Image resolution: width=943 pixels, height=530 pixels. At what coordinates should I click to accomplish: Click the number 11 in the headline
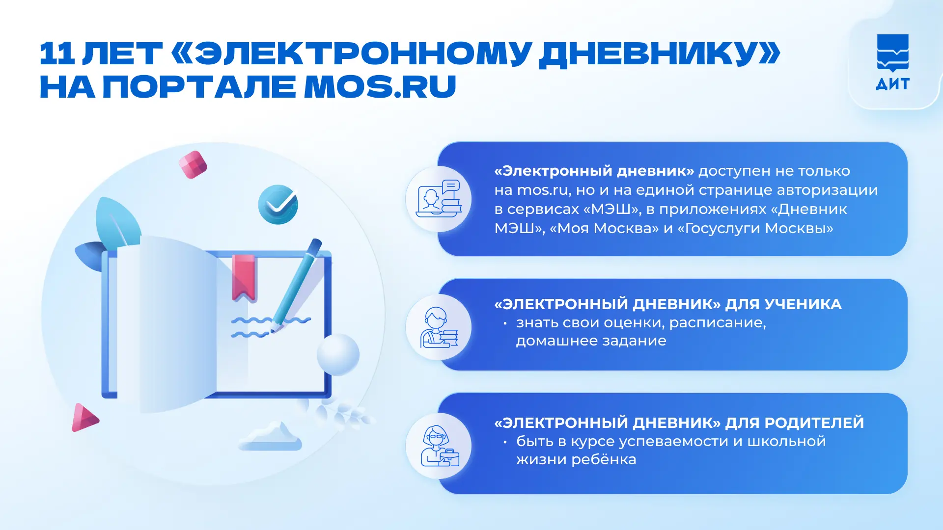tap(57, 53)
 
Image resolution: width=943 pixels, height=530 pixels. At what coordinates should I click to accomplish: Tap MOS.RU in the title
tap(380, 87)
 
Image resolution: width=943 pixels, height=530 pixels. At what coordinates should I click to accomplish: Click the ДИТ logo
tap(892, 62)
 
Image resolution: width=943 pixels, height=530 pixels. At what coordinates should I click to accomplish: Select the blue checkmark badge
tap(278, 204)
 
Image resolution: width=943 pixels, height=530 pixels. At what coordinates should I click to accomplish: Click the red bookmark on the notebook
tap(244, 278)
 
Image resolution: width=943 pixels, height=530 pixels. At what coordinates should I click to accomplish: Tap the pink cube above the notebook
tap(193, 164)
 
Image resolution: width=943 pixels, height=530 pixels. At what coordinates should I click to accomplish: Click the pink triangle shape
tap(84, 418)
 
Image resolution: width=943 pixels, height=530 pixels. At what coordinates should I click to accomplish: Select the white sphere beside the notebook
tap(338, 354)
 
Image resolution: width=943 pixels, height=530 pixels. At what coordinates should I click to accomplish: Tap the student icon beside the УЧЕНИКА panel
tap(439, 327)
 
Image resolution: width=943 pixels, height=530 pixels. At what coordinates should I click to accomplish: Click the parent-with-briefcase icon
tap(440, 446)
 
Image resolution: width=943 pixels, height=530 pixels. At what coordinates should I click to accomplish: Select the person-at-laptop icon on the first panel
tap(439, 199)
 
